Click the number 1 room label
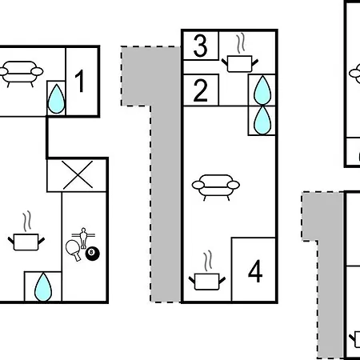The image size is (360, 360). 80,81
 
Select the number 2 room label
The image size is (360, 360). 200,90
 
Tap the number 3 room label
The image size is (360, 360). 200,46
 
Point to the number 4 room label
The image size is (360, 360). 255,271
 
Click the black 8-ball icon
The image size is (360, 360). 92,254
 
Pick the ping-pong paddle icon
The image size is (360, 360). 74,250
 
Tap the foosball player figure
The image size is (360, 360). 83,238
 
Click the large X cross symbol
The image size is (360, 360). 78,175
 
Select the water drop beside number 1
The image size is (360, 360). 56,99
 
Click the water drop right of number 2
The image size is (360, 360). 262,90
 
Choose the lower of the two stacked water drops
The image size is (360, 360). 262,120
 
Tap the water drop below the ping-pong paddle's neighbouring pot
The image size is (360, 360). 43,287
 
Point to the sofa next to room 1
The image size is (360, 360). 20,74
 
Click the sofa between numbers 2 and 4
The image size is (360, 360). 216,187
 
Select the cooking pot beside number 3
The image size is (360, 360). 240,64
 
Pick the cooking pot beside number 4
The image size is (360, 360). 207,282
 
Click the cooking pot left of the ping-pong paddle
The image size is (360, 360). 26,242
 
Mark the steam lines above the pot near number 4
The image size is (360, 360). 208,261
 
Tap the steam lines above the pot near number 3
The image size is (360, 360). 241,42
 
